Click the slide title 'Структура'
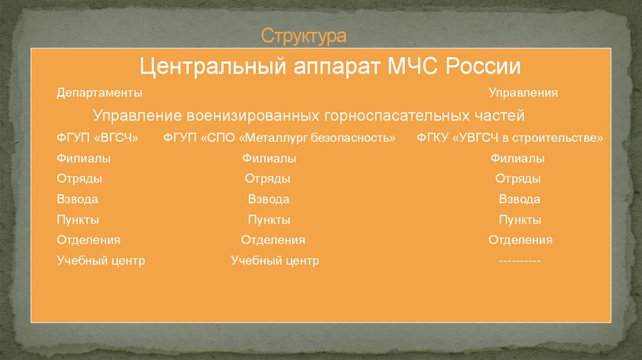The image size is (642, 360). [303, 36]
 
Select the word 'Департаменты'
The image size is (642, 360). [99, 93]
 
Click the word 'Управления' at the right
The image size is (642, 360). [524, 93]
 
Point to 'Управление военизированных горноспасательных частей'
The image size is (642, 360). [308, 116]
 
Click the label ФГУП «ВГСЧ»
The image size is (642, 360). [97, 138]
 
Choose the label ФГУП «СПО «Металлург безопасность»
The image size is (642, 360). [280, 138]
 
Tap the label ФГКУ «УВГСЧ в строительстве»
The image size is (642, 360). [510, 138]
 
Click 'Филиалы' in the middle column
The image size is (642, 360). [269, 159]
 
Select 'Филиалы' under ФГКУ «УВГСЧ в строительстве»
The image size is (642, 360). [518, 159]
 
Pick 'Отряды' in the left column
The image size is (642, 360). [80, 179]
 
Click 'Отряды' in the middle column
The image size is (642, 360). [267, 179]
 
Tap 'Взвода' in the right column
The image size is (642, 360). [519, 199]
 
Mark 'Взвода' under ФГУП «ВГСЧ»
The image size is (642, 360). [77, 199]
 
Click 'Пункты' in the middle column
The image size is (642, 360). [268, 220]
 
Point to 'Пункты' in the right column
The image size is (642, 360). [520, 220]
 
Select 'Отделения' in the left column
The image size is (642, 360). [88, 240]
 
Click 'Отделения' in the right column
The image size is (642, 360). [520, 240]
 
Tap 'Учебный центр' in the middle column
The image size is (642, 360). [275, 261]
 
